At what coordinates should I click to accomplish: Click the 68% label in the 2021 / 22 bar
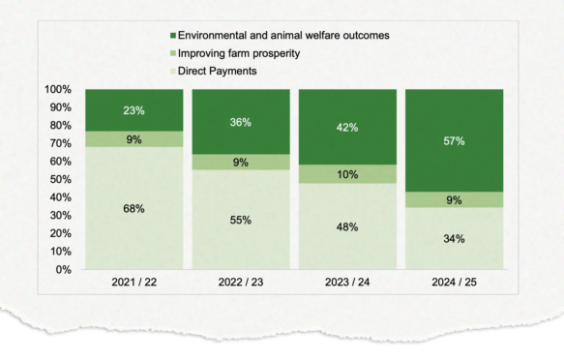tap(134, 208)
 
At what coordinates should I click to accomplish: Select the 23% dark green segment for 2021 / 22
tap(134, 110)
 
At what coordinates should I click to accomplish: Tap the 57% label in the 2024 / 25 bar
tap(454, 141)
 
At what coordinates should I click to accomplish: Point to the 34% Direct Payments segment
tap(454, 238)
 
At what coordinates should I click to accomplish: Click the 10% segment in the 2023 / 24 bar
tap(346, 174)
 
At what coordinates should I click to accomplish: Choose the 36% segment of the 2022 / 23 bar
tap(240, 122)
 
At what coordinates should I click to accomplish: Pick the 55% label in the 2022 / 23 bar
tap(240, 220)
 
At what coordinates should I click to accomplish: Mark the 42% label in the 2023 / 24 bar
tap(346, 127)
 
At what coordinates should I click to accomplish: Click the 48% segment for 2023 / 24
tap(346, 226)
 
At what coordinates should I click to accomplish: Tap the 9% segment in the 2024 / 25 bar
tap(454, 199)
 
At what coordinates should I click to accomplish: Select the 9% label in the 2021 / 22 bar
tap(134, 139)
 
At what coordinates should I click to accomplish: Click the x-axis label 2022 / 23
tap(240, 285)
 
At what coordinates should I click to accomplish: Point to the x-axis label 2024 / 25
tap(454, 285)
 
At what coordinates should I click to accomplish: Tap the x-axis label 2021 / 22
tap(134, 285)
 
